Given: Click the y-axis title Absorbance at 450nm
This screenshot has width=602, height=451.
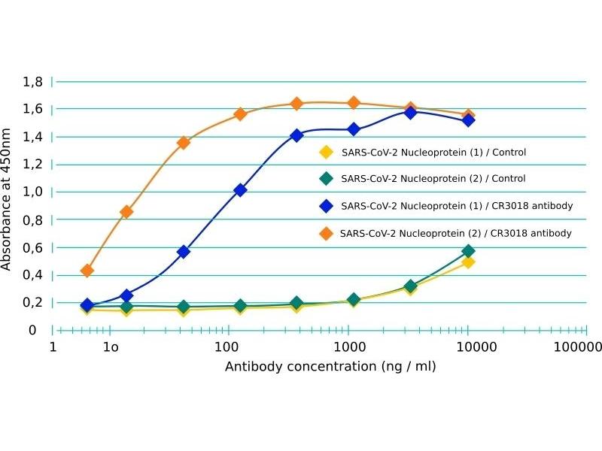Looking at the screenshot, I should (7, 199).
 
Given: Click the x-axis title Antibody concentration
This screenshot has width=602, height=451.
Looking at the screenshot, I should (330, 366).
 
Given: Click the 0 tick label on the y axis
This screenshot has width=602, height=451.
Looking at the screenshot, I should (32, 330).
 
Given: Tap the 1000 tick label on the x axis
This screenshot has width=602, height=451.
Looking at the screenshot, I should (348, 347).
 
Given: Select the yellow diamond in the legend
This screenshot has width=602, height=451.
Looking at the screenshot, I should (326, 152).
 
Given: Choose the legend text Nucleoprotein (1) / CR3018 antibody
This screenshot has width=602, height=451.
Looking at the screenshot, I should (457, 206).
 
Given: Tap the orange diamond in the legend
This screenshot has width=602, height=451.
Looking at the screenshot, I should (326, 233).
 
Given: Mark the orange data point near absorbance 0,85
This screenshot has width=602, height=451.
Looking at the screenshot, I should (126, 212).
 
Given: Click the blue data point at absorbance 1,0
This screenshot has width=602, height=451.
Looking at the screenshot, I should (240, 190).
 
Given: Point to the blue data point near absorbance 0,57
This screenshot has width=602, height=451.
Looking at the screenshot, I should (183, 252).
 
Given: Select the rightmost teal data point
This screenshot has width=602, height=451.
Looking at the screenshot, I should (468, 251).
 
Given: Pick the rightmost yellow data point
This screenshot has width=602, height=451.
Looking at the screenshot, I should (468, 262).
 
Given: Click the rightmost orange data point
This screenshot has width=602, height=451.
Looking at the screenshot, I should (468, 116).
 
